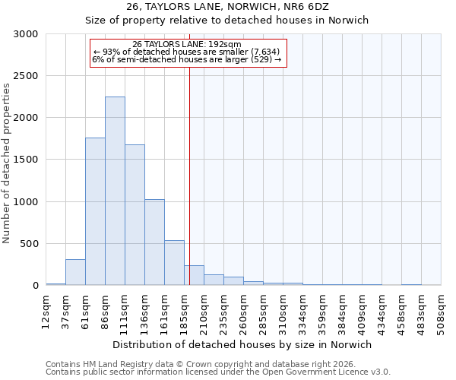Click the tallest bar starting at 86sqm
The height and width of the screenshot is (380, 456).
115,191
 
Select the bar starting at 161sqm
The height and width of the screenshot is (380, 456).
174,263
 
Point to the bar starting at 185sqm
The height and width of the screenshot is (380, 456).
194,275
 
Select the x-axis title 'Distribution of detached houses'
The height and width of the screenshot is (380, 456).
242,344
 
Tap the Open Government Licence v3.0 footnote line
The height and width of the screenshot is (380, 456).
217,372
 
